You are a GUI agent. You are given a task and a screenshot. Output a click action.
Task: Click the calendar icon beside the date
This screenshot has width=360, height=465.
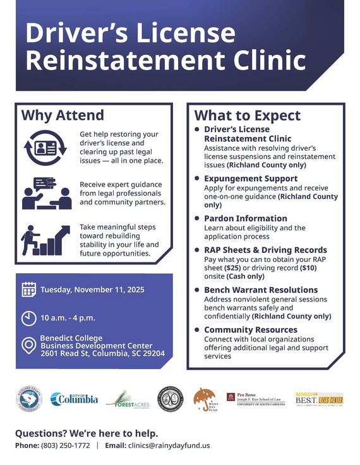click(x=29, y=290)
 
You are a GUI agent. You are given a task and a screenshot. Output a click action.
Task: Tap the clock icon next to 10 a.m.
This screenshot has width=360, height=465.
click(x=29, y=317)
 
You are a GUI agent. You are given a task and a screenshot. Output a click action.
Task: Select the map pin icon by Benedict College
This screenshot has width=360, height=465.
click(x=29, y=346)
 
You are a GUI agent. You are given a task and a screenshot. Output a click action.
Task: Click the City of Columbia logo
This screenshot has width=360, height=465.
click(x=74, y=399)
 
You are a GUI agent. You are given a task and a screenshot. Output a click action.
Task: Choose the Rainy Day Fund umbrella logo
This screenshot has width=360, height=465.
click(x=204, y=399)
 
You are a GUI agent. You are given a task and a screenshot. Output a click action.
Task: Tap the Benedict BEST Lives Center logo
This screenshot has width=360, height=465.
click(x=318, y=399)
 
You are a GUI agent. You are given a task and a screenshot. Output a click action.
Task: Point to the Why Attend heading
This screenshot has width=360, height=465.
click(x=63, y=115)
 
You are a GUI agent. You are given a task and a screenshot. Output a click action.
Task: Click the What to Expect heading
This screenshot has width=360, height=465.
click(x=247, y=115)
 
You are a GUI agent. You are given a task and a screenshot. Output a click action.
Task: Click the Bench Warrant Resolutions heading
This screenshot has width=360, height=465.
click(x=261, y=290)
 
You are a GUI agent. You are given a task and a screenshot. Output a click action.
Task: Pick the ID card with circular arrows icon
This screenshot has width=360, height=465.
click(x=45, y=147)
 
